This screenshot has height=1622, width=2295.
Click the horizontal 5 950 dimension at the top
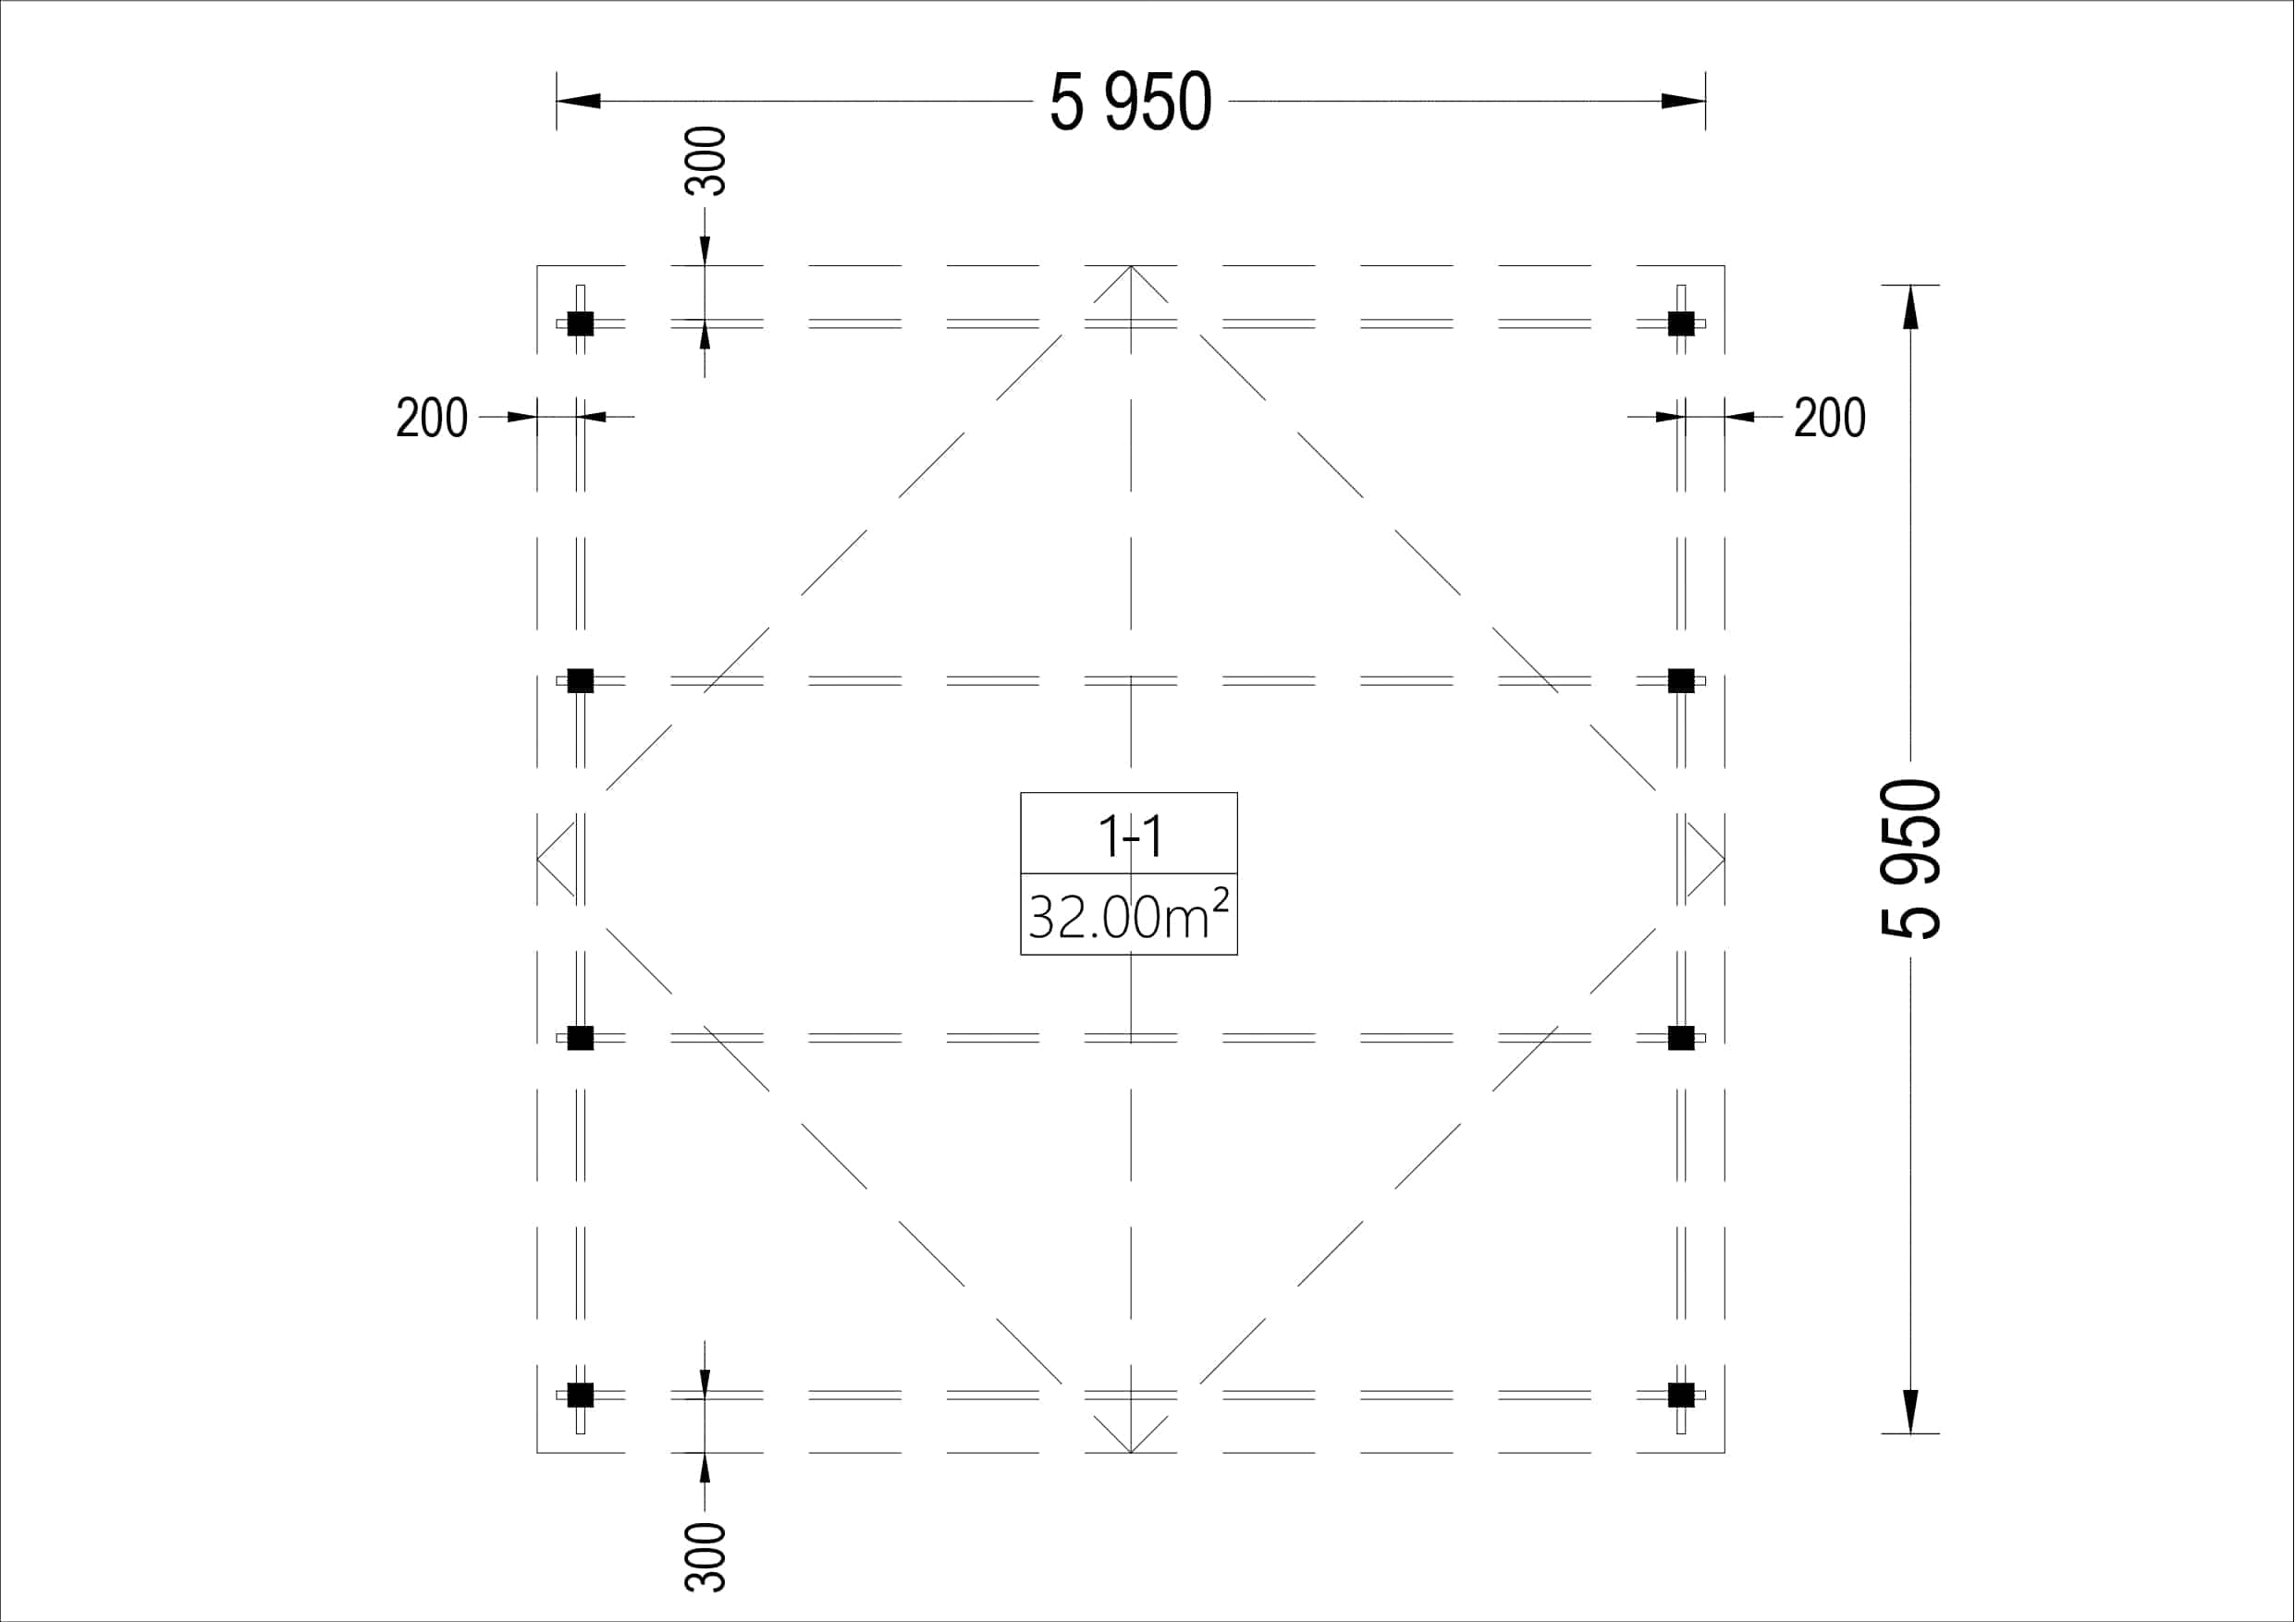[x=1131, y=102]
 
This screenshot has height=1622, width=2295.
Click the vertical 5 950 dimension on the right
[x=1911, y=860]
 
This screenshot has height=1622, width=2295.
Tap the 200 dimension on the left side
[x=432, y=418]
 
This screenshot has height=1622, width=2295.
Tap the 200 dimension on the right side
[x=1829, y=418]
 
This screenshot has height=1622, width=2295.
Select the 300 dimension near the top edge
[x=705, y=161]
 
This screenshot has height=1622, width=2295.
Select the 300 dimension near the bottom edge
[x=705, y=1556]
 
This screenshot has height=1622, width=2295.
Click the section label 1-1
[x=1131, y=836]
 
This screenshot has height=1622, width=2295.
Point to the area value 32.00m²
[x=1128, y=914]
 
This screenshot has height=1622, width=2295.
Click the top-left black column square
[x=581, y=323]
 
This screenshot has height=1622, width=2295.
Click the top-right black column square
[x=1681, y=323]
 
